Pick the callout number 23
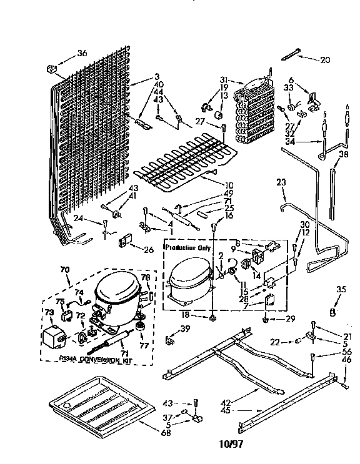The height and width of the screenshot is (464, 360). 281,182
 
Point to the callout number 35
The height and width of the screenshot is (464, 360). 340,289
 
